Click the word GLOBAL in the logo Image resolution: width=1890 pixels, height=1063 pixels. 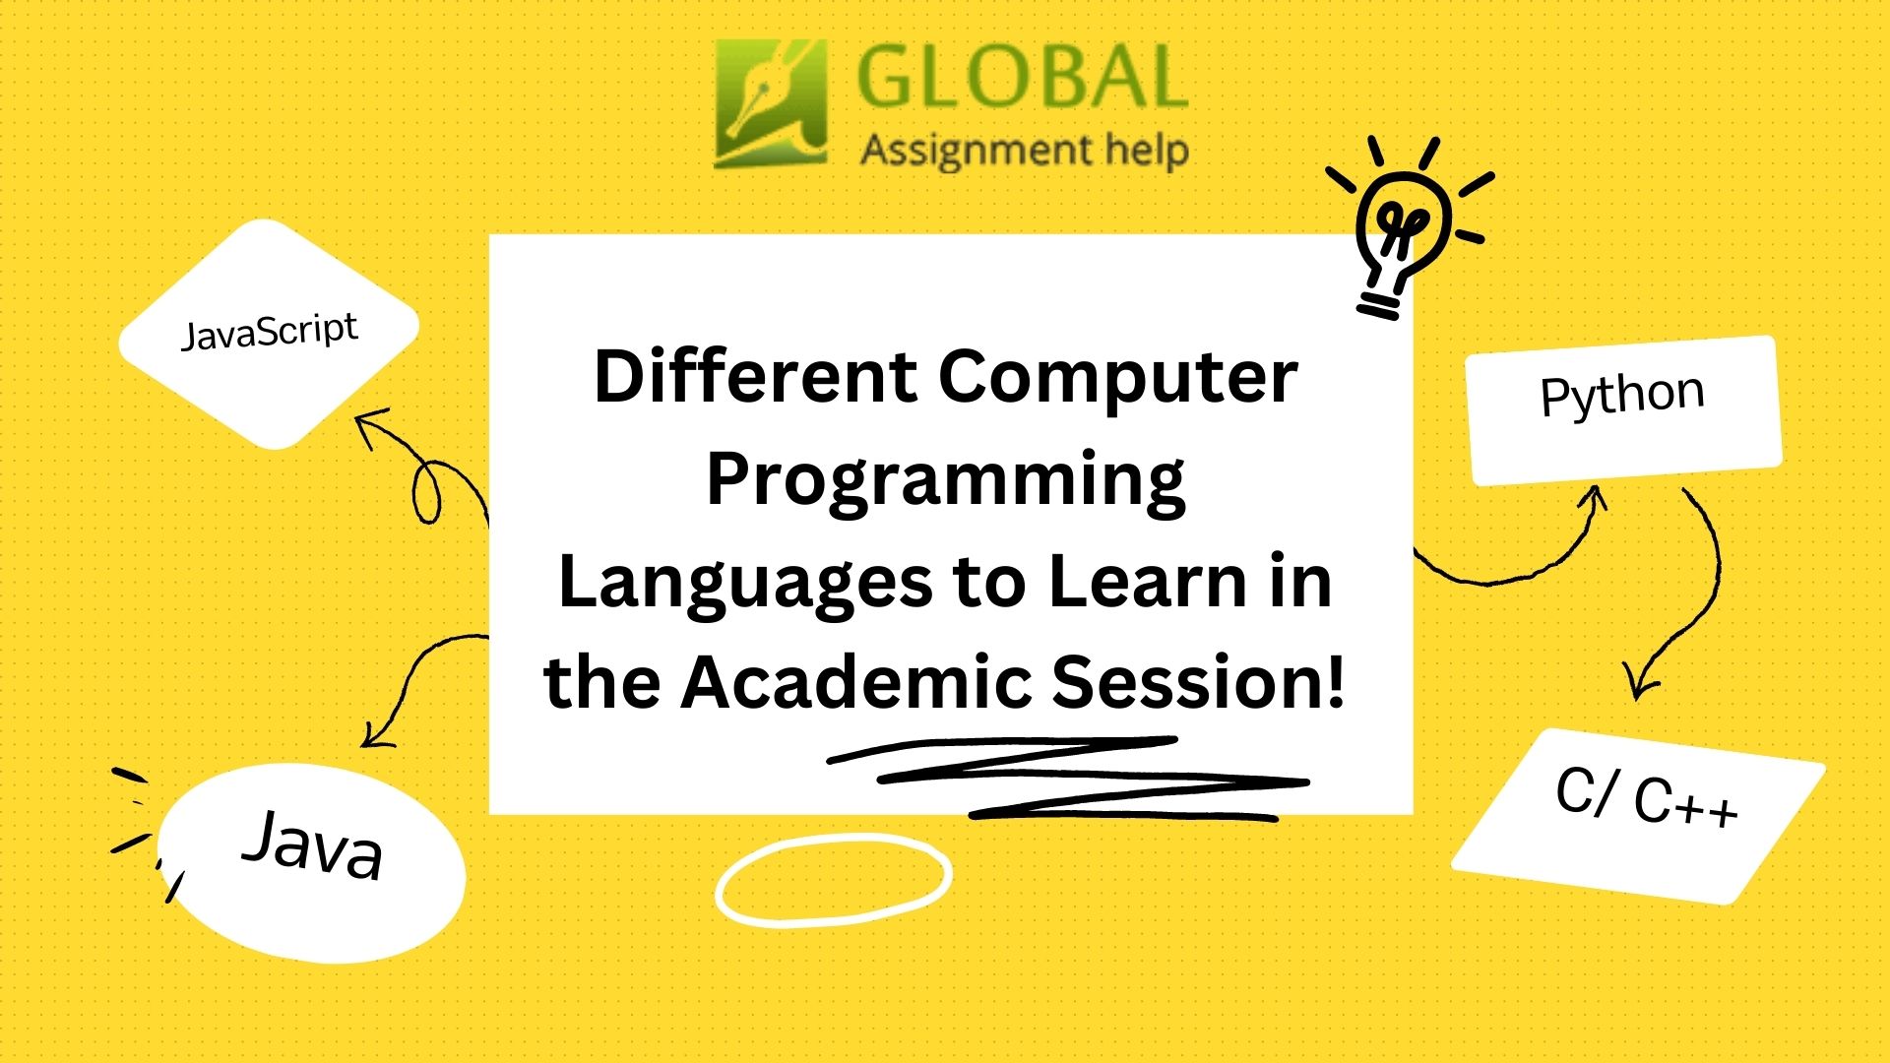(1022, 78)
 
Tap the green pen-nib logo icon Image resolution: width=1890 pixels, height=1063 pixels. (770, 103)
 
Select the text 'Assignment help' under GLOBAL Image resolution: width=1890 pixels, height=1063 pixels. (1024, 152)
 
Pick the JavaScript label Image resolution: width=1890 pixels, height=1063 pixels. (269, 332)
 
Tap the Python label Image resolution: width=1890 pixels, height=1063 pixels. (1622, 396)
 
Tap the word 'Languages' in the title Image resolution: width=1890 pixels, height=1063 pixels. (745, 582)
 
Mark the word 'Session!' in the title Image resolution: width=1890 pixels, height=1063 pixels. (1198, 682)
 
